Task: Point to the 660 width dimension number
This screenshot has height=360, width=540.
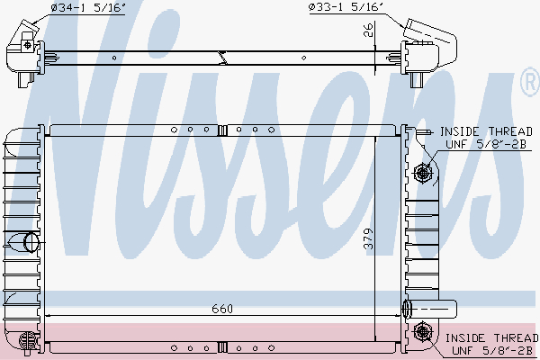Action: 222,309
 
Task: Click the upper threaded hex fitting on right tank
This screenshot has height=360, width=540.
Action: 421,173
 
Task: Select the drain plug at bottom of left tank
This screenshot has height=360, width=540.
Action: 25,339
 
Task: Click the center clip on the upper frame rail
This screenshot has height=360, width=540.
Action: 220,130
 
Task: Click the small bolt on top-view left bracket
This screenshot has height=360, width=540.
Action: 28,44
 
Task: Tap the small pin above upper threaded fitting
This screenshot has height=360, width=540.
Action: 418,133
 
